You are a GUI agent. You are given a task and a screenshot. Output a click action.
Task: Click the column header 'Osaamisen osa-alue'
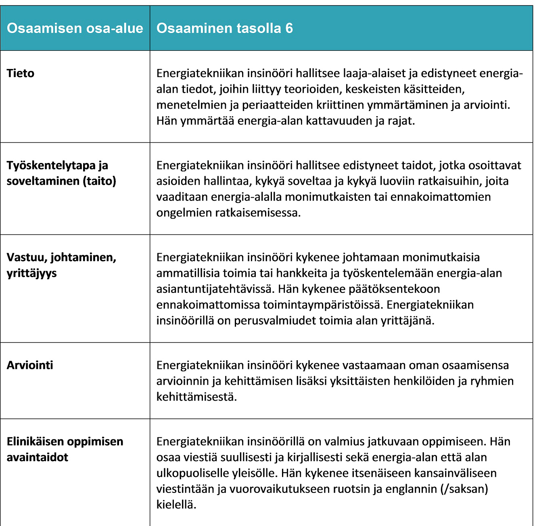75,28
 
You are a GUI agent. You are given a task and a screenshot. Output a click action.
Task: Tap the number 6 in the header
289,28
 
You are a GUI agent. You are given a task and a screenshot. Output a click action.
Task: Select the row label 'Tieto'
21,73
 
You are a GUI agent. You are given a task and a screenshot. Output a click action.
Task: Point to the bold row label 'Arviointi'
30,365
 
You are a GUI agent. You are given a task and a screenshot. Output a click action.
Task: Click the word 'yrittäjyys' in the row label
31,273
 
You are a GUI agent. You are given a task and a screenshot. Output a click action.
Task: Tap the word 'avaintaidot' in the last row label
38,457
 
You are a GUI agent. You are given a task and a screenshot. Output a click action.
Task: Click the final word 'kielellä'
176,505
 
